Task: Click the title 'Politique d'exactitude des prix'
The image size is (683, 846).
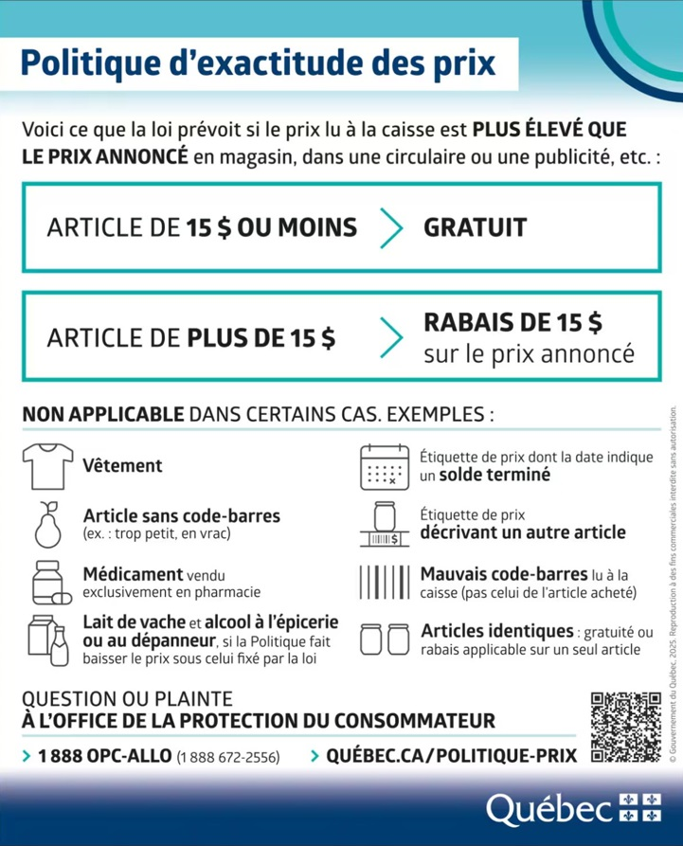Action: click(258, 63)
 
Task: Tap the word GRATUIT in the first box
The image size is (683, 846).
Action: click(475, 227)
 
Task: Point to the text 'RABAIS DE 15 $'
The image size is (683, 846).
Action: click(512, 322)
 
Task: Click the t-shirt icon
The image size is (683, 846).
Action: click(46, 464)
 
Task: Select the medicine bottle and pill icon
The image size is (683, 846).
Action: click(47, 582)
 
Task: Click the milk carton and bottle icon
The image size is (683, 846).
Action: click(46, 639)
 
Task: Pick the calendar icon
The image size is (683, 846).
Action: click(383, 465)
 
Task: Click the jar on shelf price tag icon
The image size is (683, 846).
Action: click(383, 523)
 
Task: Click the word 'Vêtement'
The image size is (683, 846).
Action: click(122, 466)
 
